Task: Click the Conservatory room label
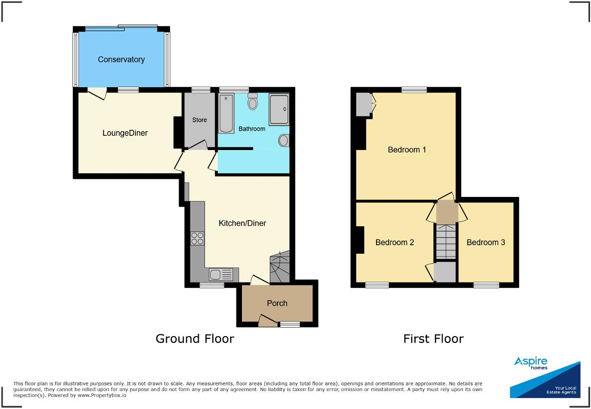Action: (x=121, y=60)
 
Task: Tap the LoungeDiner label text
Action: (x=125, y=133)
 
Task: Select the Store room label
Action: (x=199, y=120)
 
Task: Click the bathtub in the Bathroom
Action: (x=225, y=114)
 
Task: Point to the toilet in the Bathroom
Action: (x=253, y=102)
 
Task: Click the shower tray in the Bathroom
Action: (x=278, y=109)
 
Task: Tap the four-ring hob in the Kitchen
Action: (x=197, y=239)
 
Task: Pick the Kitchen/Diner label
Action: (x=242, y=223)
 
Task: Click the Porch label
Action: (x=277, y=303)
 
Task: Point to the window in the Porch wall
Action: (x=289, y=324)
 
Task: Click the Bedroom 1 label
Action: (x=407, y=150)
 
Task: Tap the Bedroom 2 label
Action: (x=394, y=242)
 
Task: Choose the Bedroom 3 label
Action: (x=485, y=242)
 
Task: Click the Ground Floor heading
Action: (x=195, y=338)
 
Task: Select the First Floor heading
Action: (x=433, y=338)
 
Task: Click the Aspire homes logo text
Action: (x=530, y=363)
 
